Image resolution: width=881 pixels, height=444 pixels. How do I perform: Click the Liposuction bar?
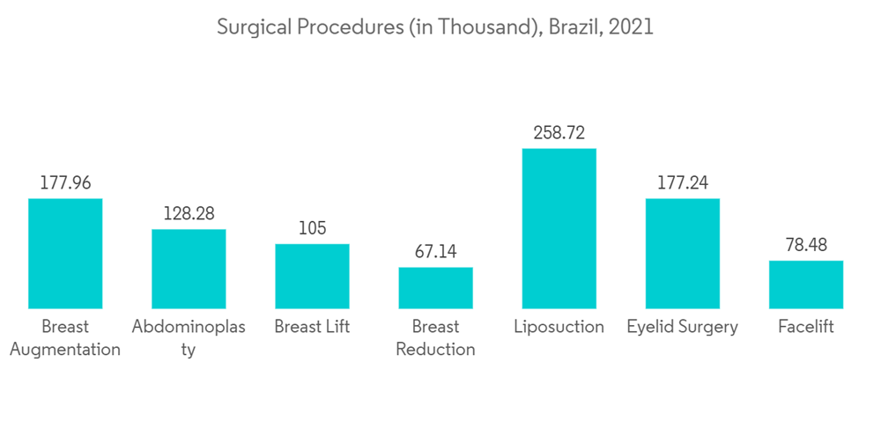click(x=559, y=228)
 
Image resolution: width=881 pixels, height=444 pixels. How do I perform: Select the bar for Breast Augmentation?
click(x=65, y=254)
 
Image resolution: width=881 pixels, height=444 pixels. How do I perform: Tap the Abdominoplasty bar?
click(x=189, y=269)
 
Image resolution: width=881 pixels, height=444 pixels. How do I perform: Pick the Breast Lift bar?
click(x=312, y=276)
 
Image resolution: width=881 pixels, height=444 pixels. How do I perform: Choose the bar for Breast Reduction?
click(x=435, y=287)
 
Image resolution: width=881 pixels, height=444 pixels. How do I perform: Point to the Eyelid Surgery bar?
click(x=682, y=254)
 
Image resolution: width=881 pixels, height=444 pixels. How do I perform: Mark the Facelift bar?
click(x=805, y=285)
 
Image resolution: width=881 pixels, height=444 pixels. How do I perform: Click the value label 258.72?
click(x=559, y=133)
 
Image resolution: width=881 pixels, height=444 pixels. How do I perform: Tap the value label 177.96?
click(x=65, y=183)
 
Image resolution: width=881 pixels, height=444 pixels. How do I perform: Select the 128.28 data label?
click(x=189, y=214)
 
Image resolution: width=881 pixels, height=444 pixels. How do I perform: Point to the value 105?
click(x=312, y=228)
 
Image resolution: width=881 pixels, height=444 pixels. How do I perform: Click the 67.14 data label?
click(x=435, y=252)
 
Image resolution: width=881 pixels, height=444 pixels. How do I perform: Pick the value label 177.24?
click(x=682, y=183)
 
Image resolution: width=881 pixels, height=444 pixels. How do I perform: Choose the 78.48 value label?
click(x=805, y=245)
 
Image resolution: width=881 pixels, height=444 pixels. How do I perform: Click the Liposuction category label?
click(x=559, y=327)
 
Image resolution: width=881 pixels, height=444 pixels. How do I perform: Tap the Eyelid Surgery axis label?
click(x=682, y=327)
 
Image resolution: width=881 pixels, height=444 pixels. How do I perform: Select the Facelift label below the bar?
click(x=805, y=327)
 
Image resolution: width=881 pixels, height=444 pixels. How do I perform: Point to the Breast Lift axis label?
click(x=312, y=327)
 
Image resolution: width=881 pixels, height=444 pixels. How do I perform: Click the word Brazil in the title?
click(x=574, y=27)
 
